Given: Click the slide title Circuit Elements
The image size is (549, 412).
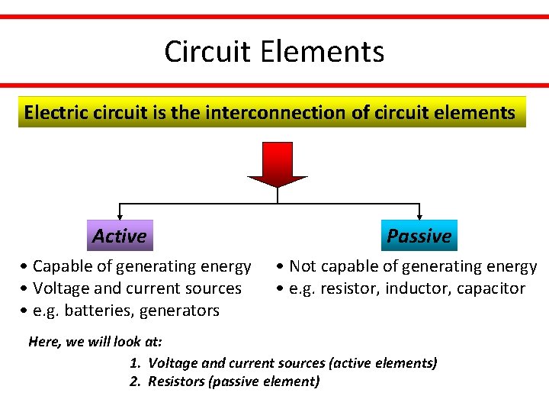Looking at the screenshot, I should pyautogui.click(x=274, y=52).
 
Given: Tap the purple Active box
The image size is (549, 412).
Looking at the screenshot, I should pyautogui.click(x=119, y=236).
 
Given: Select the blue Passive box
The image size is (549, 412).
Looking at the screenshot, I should pyautogui.click(x=419, y=236).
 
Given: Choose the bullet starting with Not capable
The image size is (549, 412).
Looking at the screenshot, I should pyautogui.click(x=407, y=266).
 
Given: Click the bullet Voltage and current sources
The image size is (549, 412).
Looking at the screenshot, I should pyautogui.click(x=132, y=288).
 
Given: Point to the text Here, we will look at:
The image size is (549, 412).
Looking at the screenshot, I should pyautogui.click(x=95, y=342).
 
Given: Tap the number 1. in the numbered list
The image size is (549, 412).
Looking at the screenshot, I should pyautogui.click(x=136, y=363).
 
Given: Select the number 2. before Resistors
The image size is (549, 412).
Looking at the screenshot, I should pyautogui.click(x=136, y=381).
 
